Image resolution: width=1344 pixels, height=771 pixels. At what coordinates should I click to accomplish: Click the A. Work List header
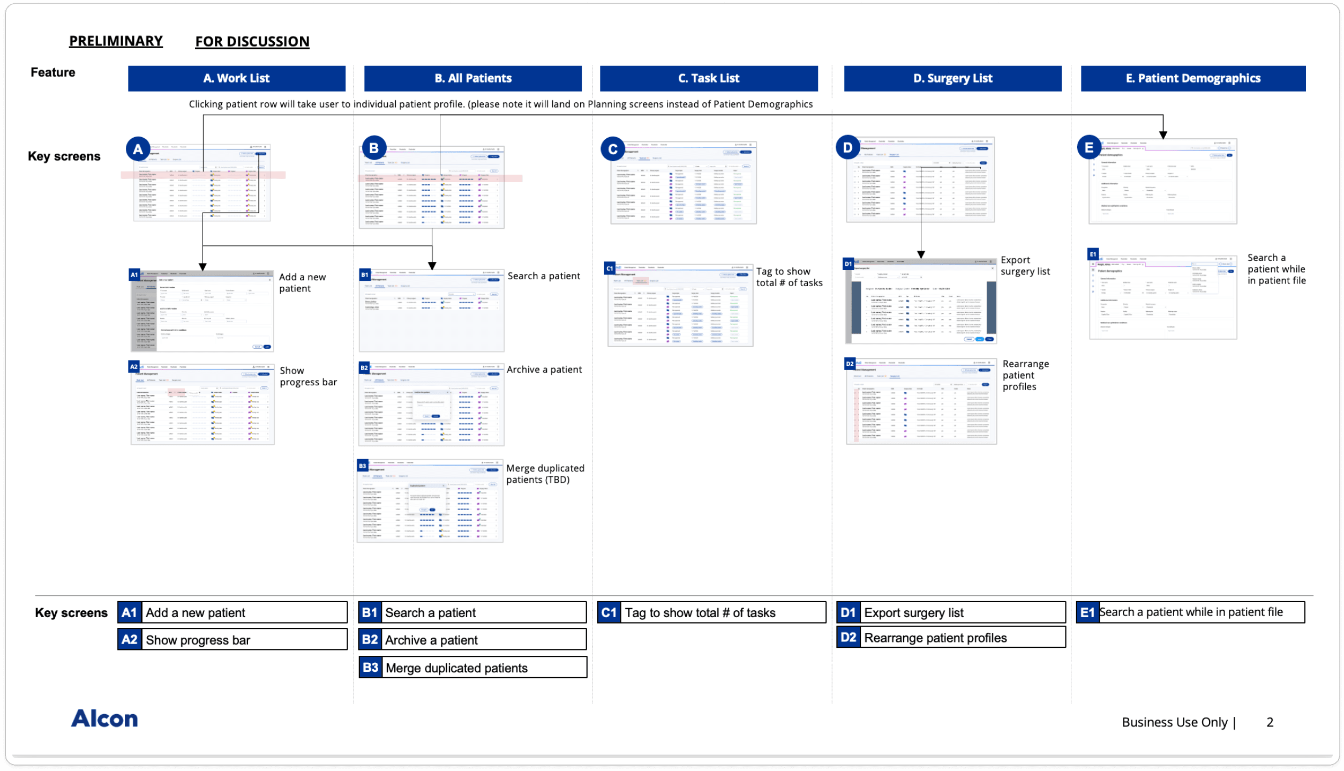click(236, 78)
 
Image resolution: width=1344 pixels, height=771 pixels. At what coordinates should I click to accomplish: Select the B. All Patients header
click(472, 78)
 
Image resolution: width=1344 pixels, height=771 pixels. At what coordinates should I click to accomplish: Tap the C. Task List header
click(708, 78)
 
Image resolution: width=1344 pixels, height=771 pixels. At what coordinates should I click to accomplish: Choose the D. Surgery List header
click(952, 78)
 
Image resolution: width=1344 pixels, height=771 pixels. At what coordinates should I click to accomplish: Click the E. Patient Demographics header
click(1192, 78)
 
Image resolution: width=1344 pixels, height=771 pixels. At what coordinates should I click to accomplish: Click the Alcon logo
click(104, 718)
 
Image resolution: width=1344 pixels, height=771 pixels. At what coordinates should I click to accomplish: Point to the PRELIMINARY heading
click(116, 41)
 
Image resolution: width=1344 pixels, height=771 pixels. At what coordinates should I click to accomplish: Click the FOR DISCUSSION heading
click(252, 41)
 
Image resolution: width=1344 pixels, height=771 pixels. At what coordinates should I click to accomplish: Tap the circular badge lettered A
click(138, 149)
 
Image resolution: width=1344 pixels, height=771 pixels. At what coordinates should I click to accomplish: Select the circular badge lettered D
click(847, 147)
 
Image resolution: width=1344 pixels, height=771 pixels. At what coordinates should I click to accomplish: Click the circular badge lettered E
click(1088, 147)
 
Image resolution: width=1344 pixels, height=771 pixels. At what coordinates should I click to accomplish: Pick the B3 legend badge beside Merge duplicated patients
click(370, 668)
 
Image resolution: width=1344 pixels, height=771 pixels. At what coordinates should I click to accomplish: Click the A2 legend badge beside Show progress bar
click(130, 639)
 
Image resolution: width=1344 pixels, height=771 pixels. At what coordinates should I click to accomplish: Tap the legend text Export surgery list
click(913, 612)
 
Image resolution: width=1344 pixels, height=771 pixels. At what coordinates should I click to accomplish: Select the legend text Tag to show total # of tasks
click(700, 612)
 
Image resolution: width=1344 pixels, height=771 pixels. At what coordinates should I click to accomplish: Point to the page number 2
click(1270, 722)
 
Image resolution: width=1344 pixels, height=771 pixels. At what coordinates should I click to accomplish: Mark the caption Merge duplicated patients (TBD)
click(545, 474)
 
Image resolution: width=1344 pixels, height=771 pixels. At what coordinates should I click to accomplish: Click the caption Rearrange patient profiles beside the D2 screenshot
click(1025, 375)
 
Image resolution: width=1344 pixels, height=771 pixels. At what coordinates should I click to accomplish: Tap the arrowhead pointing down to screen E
click(1163, 135)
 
